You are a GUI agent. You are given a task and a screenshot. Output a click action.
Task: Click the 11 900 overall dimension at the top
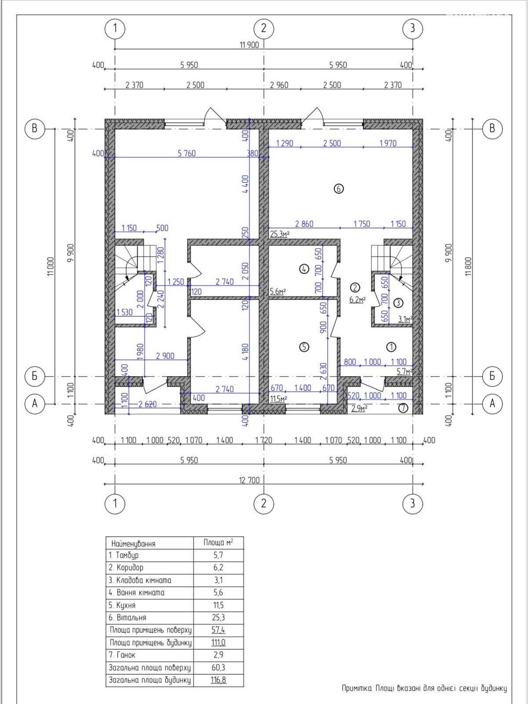click(x=249, y=45)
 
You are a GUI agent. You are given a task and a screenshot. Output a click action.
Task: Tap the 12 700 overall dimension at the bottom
click(x=249, y=480)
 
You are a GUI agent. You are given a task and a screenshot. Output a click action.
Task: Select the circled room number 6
click(x=338, y=189)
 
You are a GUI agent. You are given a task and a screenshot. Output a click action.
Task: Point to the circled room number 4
click(x=304, y=269)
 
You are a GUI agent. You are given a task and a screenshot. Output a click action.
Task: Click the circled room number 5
click(x=304, y=347)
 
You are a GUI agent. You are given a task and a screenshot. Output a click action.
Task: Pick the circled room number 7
click(x=403, y=408)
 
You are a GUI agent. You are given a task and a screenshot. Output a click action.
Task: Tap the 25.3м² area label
click(x=279, y=234)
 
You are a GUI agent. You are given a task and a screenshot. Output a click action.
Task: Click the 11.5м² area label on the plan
click(x=278, y=399)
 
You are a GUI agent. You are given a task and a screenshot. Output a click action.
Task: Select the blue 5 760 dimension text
click(x=187, y=154)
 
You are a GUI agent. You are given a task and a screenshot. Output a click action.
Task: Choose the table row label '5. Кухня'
click(x=122, y=605)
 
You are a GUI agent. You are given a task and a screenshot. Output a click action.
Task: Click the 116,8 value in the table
click(x=218, y=680)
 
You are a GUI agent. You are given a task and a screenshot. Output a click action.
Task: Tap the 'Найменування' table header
click(x=133, y=544)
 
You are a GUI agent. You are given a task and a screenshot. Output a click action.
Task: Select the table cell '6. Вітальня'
click(x=127, y=617)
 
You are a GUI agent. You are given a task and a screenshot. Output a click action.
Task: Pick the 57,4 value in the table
click(x=218, y=630)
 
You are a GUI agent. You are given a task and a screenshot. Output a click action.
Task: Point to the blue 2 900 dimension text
click(x=165, y=356)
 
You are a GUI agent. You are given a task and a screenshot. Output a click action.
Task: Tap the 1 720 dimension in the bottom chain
click(x=264, y=440)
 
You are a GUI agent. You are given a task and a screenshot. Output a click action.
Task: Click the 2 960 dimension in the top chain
click(x=279, y=85)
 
